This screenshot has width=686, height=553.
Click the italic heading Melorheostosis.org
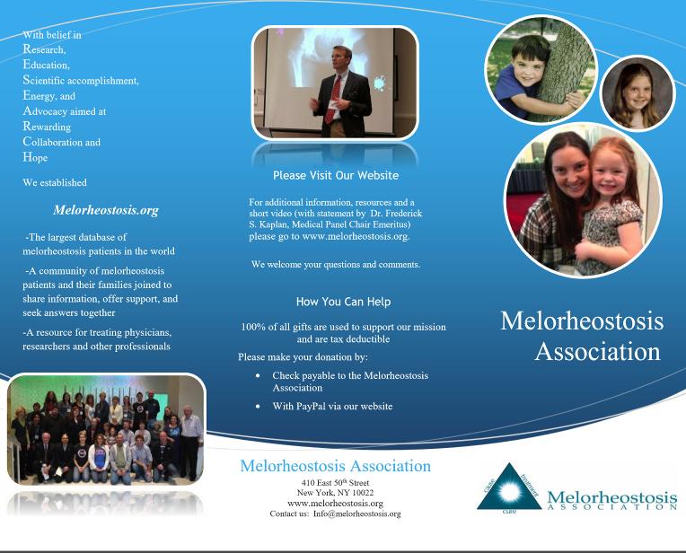[x=106, y=210]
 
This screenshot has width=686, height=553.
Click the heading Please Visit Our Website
[x=335, y=176]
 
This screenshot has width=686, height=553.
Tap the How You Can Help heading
[x=343, y=302]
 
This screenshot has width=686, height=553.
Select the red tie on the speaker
[x=332, y=99]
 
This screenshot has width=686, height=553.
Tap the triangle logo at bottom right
[x=509, y=489]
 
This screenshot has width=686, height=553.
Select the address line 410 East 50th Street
[x=334, y=484]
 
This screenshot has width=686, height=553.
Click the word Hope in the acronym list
[x=36, y=157]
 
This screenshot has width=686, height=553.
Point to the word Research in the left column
[x=44, y=49]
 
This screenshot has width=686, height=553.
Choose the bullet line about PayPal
[x=332, y=407]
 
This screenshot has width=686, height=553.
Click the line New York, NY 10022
[x=334, y=494]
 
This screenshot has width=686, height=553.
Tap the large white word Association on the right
[x=597, y=350]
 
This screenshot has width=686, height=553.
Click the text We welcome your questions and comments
[x=336, y=265]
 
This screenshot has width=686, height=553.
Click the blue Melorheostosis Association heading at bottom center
[x=335, y=467]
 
